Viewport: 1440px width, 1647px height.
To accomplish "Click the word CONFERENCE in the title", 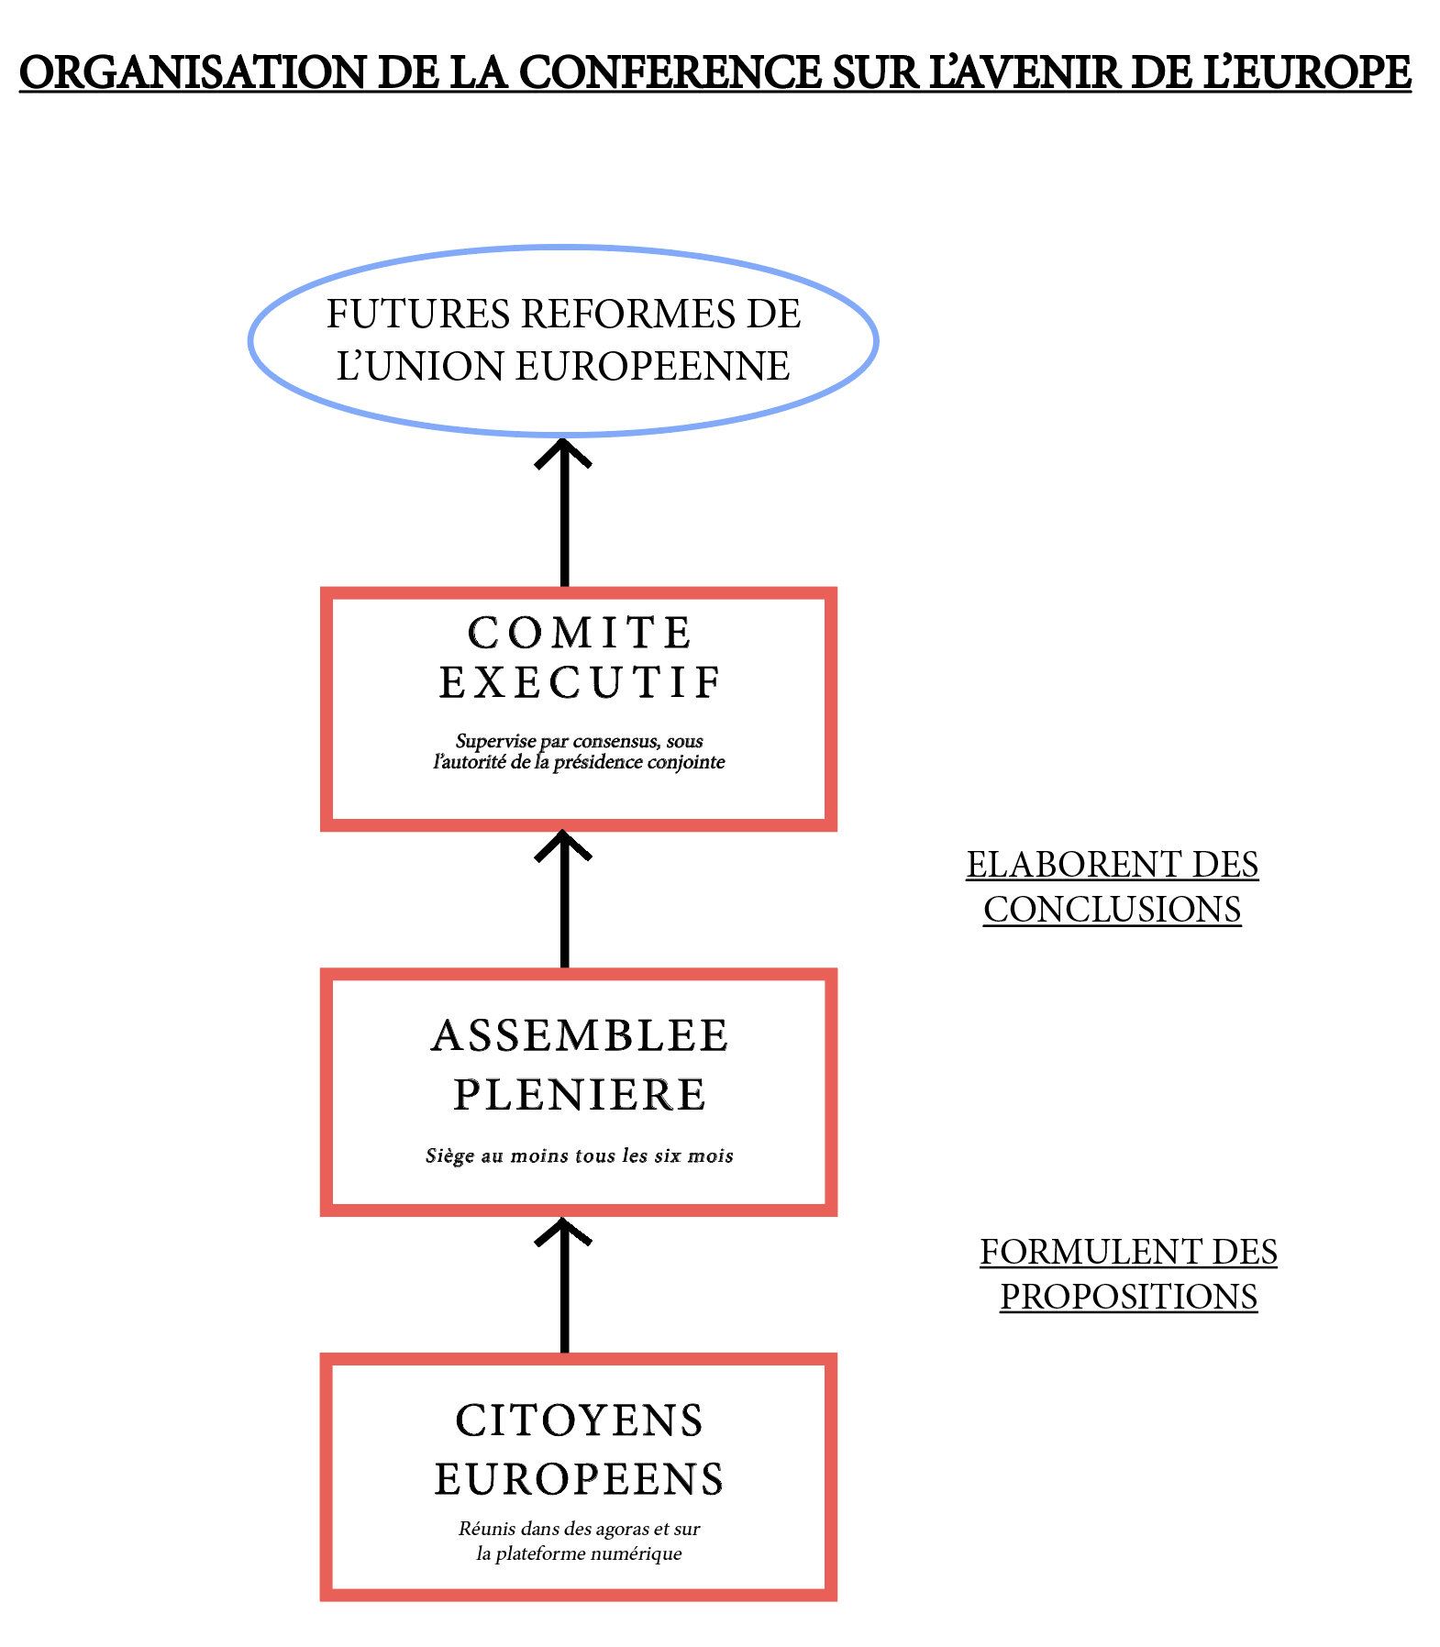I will pyautogui.click(x=670, y=73).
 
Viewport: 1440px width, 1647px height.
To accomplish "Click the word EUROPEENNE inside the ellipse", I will pyautogui.click(x=652, y=367).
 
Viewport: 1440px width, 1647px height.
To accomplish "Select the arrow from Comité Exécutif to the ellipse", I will pyautogui.click(x=563, y=514).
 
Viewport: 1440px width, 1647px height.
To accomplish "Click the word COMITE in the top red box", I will pyautogui.click(x=580, y=633).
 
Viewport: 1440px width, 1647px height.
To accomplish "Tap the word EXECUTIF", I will pyautogui.click(x=580, y=683).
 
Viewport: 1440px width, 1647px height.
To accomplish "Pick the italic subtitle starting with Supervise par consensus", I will pyautogui.click(x=580, y=751).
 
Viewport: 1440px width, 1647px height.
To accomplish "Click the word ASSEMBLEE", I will pyautogui.click(x=580, y=1036).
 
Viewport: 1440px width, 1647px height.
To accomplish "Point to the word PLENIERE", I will pyautogui.click(x=580, y=1095).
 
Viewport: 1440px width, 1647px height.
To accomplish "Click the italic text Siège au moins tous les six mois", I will pyautogui.click(x=580, y=1156).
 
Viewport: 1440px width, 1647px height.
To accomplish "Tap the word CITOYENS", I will pyautogui.click(x=580, y=1421).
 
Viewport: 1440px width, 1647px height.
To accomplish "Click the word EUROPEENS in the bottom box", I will pyautogui.click(x=580, y=1480).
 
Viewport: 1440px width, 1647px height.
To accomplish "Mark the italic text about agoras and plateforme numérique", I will pyautogui.click(x=580, y=1542).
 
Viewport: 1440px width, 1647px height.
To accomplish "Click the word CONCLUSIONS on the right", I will pyautogui.click(x=1112, y=910).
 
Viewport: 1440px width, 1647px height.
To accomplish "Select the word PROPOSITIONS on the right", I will pyautogui.click(x=1128, y=1297).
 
